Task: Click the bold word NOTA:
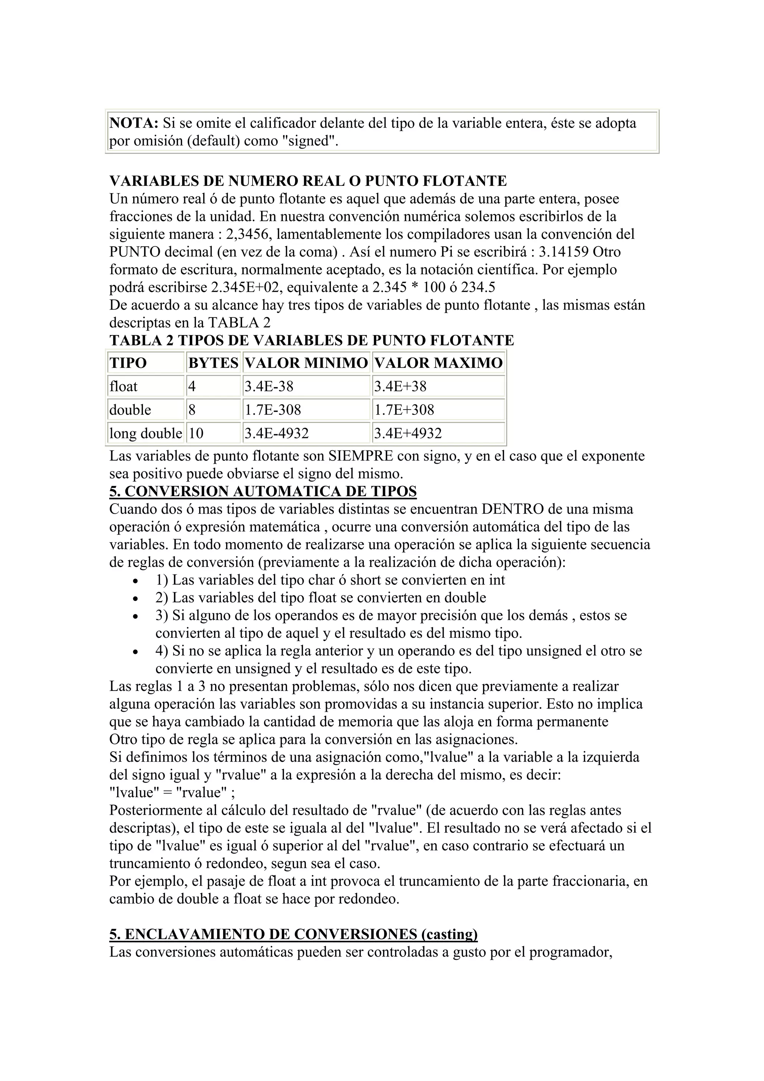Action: point(134,123)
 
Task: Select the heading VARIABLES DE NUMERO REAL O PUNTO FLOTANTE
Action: point(308,181)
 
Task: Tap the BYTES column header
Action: point(213,363)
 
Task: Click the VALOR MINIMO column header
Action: point(306,363)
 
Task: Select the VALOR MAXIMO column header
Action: point(438,363)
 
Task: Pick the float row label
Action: point(123,386)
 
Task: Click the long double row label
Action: point(145,433)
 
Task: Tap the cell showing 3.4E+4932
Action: point(408,433)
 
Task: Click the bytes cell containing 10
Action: point(195,433)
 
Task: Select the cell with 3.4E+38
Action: point(400,386)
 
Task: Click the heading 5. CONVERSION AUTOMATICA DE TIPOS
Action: point(263,492)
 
